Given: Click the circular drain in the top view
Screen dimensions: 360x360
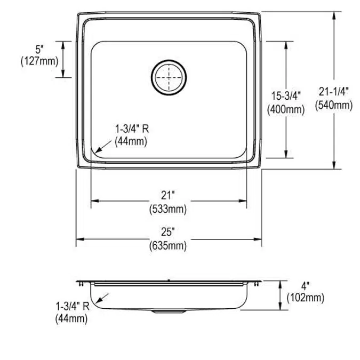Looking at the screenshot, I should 169,77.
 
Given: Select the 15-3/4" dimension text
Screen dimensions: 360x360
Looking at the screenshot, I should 286,96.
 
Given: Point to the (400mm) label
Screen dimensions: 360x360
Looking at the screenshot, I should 286,110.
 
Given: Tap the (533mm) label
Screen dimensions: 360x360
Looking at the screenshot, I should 169,209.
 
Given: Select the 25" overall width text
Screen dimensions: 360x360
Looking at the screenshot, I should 169,232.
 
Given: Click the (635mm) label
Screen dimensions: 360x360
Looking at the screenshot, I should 169,245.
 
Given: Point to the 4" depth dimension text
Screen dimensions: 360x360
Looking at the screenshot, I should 305,286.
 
